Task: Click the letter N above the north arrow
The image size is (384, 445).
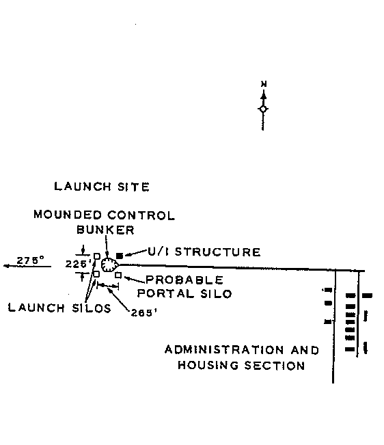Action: point(264,84)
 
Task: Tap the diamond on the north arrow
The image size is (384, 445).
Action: point(263,109)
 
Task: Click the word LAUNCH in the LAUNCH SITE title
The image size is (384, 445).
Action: point(83,187)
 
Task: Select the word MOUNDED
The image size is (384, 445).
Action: point(68,215)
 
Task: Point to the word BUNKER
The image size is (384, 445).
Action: point(105,230)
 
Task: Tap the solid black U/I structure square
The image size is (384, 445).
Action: point(120,256)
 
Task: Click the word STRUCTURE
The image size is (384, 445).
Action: point(217,252)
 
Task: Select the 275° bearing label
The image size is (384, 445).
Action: point(30,260)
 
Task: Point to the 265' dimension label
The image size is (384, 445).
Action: point(143,313)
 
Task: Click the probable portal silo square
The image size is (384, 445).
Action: point(118,275)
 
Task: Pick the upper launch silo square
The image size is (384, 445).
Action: point(97,256)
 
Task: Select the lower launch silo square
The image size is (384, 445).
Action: point(96,274)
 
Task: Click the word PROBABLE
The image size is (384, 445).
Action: point(184,280)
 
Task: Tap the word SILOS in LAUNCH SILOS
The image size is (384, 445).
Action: point(92,308)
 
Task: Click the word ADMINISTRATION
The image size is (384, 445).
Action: point(224,350)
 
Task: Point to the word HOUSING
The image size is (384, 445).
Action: point(208,365)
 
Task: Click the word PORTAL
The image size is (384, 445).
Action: point(166,293)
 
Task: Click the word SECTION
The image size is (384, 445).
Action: point(275,366)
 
